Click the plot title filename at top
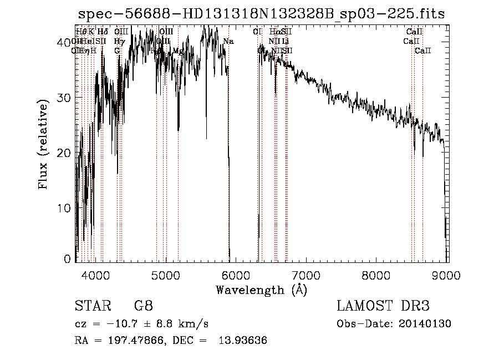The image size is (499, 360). [x=261, y=14]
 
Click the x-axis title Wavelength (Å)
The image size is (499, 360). [x=261, y=290]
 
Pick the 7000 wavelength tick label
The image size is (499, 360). [x=307, y=275]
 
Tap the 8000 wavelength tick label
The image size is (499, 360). [x=377, y=275]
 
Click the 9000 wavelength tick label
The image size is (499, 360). [x=447, y=275]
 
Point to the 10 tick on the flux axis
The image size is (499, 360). [x=64, y=208]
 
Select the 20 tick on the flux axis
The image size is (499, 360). [x=64, y=153]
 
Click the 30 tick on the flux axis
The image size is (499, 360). [x=64, y=98]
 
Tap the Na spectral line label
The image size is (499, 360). [x=228, y=41]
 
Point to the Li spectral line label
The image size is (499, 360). [x=285, y=41]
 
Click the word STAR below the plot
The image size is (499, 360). [x=90, y=306]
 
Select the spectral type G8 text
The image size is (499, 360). [x=143, y=306]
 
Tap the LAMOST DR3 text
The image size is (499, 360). [x=383, y=306]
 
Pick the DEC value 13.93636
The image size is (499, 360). [x=246, y=341]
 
